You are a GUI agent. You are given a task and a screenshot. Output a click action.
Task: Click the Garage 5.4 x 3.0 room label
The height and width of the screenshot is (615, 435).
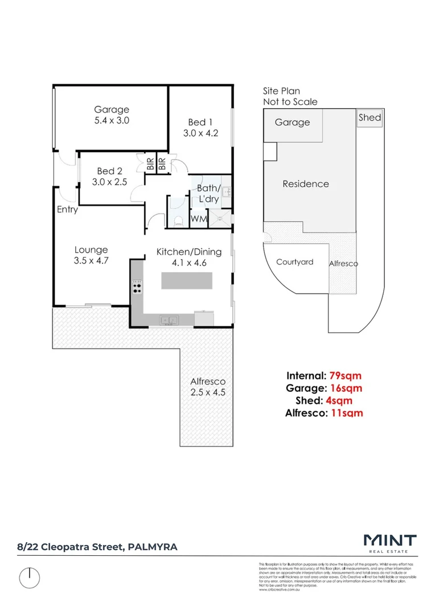pyautogui.click(x=112, y=115)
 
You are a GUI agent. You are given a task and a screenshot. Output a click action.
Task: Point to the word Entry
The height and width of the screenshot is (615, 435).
pyautogui.click(x=67, y=210)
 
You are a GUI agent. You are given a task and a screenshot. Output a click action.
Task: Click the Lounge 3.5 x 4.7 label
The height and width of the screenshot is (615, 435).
pyautogui.click(x=91, y=255)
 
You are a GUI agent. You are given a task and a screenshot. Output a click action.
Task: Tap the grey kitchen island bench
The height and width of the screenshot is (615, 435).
pyautogui.click(x=187, y=281)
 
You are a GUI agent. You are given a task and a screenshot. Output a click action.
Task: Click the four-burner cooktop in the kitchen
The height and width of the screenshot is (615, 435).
pyautogui.click(x=137, y=287)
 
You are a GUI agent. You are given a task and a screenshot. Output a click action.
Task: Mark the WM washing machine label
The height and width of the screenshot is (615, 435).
pyautogui.click(x=198, y=219)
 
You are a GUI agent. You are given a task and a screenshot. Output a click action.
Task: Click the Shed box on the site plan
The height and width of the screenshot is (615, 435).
pyautogui.click(x=370, y=118)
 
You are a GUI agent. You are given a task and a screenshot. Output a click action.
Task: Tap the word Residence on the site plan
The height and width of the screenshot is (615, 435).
pyautogui.click(x=306, y=184)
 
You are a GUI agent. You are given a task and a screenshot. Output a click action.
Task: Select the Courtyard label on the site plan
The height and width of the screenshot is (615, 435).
pyautogui.click(x=294, y=262)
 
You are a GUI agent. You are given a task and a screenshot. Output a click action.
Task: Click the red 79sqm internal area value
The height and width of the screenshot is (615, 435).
pyautogui.click(x=347, y=376)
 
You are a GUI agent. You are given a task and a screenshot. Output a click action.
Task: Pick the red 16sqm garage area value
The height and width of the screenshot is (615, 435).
pyautogui.click(x=347, y=388)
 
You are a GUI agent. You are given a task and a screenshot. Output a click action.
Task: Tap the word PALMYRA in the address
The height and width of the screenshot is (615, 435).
pyautogui.click(x=153, y=547)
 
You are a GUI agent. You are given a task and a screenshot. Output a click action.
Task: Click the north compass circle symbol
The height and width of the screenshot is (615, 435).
pyautogui.click(x=30, y=578)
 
